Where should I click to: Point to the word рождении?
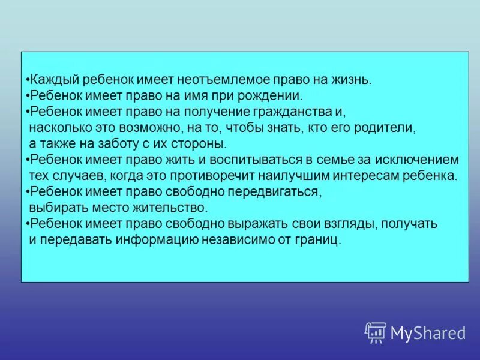pos(273,95)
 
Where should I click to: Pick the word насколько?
pos(56,128)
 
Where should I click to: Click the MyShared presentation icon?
pos(376,332)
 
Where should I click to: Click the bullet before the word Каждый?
pos(28,80)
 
